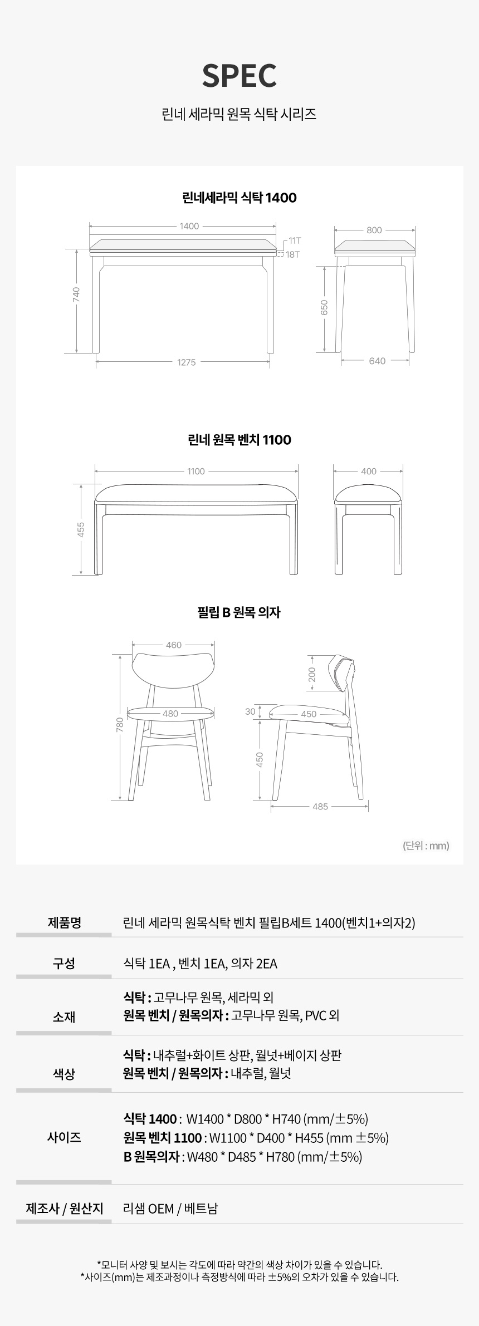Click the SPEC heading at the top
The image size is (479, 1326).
tap(239, 76)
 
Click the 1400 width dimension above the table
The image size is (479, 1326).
tap(189, 226)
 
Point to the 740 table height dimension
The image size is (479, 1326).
tap(76, 294)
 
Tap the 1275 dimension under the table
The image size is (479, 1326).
tap(187, 362)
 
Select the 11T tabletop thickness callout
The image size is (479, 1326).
tap(295, 240)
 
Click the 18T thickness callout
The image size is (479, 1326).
tap(293, 254)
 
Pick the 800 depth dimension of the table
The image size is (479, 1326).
tap(374, 230)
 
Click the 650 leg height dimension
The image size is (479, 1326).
tap(324, 307)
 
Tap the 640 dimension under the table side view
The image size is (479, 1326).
tap(377, 361)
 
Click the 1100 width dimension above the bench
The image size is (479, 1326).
tap(196, 472)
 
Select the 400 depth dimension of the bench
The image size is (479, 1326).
tap(369, 471)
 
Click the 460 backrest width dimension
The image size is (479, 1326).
tap(174, 645)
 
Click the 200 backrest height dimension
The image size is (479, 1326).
tap(312, 675)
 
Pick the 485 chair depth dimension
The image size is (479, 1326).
tap(320, 807)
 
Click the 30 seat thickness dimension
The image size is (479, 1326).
tap(250, 711)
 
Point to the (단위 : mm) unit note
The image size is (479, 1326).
tap(426, 846)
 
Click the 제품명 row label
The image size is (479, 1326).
tap(65, 922)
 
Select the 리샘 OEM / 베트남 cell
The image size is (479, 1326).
tap(170, 1209)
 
